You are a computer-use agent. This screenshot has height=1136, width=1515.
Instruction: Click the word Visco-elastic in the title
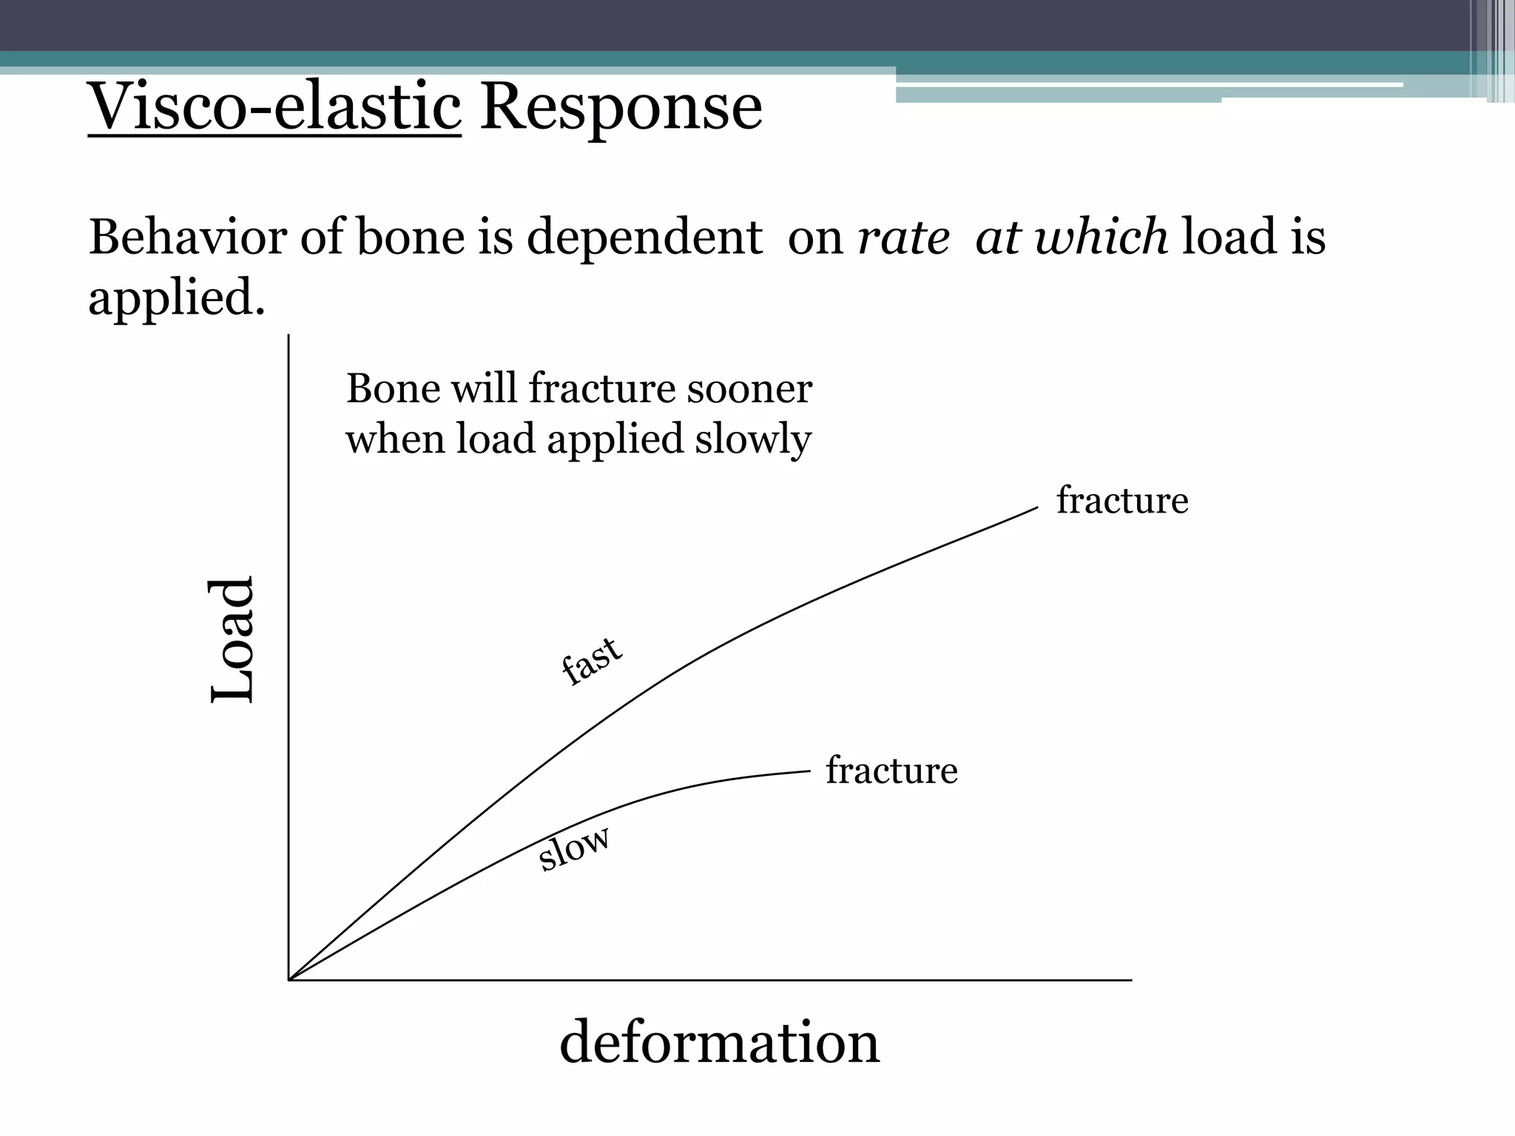[274, 107]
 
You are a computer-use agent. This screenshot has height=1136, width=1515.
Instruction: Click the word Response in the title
[621, 107]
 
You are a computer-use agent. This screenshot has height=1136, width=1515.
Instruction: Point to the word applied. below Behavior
[176, 298]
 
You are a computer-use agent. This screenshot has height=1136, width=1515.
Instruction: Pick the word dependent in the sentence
[644, 237]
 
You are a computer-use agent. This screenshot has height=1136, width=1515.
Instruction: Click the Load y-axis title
[232, 640]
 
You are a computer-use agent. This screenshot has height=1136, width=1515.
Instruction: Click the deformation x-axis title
[719, 1042]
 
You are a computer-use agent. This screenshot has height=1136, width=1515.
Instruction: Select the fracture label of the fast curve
[1121, 501]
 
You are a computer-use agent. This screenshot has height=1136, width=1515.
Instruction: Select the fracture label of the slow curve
[891, 771]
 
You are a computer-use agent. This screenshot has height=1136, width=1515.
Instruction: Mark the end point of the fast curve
[1037, 508]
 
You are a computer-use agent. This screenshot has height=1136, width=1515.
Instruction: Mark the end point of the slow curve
[810, 771]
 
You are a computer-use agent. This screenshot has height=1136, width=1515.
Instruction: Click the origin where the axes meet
[289, 980]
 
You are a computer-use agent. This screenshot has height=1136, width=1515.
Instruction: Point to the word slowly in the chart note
[752, 439]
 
